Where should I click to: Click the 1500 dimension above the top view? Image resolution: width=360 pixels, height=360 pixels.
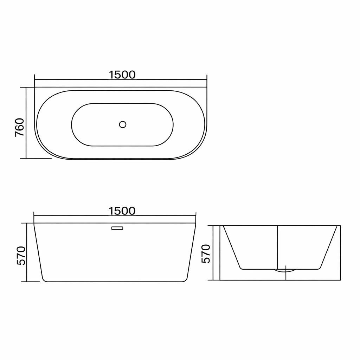pyautogui.click(x=122, y=75)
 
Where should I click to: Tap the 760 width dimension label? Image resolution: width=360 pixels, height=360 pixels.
pyautogui.click(x=20, y=128)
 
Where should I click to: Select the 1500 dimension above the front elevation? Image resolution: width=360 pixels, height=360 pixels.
pyautogui.click(x=122, y=211)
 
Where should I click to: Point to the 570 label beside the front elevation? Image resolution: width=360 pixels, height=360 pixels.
pyautogui.click(x=21, y=256)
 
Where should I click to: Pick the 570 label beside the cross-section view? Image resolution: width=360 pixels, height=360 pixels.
pyautogui.click(x=206, y=254)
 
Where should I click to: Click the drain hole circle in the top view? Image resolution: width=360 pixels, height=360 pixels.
pyautogui.click(x=123, y=124)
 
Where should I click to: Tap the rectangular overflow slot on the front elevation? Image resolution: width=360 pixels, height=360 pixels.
pyautogui.click(x=117, y=228)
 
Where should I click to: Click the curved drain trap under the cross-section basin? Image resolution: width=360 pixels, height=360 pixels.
pyautogui.click(x=285, y=271)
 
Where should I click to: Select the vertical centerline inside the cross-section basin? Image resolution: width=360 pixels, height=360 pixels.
pyautogui.click(x=278, y=247)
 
